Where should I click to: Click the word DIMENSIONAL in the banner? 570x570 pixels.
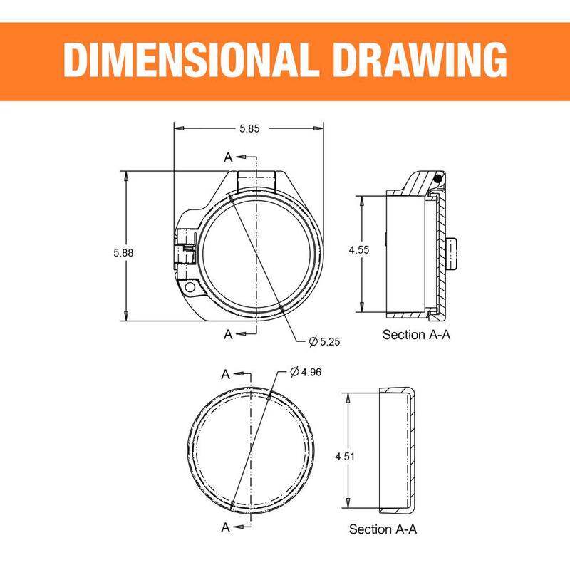coord(187,59)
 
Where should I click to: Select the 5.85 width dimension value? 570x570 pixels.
coord(249,128)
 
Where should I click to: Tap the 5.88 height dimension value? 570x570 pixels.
coord(123,252)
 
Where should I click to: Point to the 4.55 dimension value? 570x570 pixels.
coord(359,250)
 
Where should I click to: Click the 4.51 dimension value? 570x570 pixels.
coord(345,456)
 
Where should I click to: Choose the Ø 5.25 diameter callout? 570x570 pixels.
coord(324,341)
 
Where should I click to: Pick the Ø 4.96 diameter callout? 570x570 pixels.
coord(306,372)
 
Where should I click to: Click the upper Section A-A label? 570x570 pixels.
coord(416,334)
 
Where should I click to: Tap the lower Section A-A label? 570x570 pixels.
coord(383,529)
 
